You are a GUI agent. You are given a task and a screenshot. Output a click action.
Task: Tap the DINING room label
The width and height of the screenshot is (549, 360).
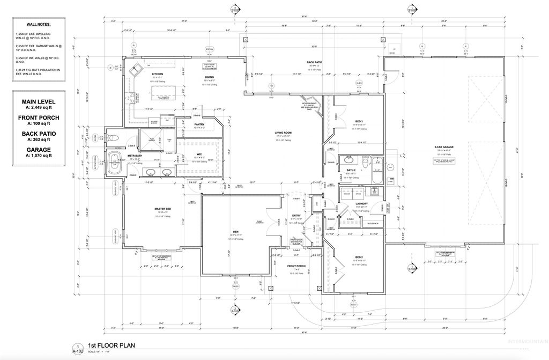[x=210, y=77]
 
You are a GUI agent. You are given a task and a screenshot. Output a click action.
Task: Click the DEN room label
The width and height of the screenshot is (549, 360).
[x=235, y=232]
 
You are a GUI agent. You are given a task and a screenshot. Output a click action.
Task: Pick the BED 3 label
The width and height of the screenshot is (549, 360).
[x=359, y=121]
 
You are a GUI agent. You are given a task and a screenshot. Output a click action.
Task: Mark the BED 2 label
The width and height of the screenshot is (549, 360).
[x=359, y=257]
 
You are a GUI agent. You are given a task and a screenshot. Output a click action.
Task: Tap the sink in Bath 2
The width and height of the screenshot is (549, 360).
[x=349, y=159]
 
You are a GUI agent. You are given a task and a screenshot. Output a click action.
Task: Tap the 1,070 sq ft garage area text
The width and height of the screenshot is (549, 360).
[x=38, y=156]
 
